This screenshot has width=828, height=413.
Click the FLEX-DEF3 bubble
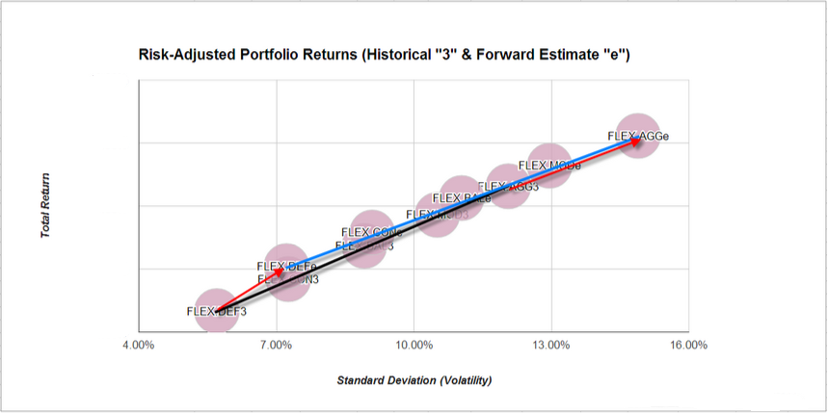[x=216, y=311]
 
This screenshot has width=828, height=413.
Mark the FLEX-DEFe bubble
[x=286, y=266]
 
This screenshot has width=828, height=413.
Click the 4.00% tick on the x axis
[x=138, y=344]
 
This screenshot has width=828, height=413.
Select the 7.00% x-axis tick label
[x=276, y=344]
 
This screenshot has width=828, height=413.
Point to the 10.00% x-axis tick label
[x=414, y=344]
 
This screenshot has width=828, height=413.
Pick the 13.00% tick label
[x=551, y=344]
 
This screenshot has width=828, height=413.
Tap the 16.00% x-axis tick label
[x=688, y=344]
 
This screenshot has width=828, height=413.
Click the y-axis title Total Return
[x=45, y=205]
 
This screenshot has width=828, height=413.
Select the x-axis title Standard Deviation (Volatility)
[x=414, y=380]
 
